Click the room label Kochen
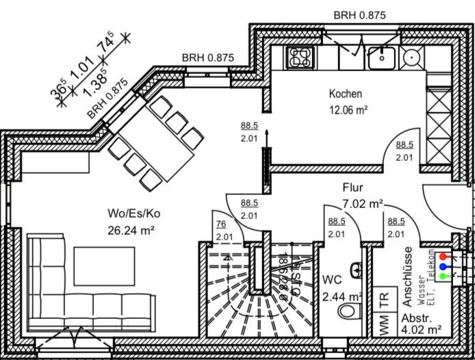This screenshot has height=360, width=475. (345, 94)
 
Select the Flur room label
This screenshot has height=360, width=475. (353, 187)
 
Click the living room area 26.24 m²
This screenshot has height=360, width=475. (131, 229)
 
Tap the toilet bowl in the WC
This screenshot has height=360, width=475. (348, 312)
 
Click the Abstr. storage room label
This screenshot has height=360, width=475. (415, 320)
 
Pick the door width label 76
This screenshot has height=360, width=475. (221, 223)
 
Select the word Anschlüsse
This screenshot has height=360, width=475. (407, 275)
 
